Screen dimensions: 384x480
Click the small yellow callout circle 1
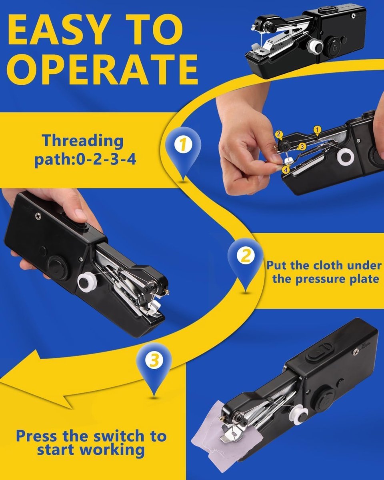317,130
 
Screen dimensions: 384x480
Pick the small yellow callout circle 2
279,135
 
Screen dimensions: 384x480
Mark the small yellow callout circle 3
302,147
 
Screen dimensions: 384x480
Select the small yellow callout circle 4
286,170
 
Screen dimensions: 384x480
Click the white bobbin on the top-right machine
315,47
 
